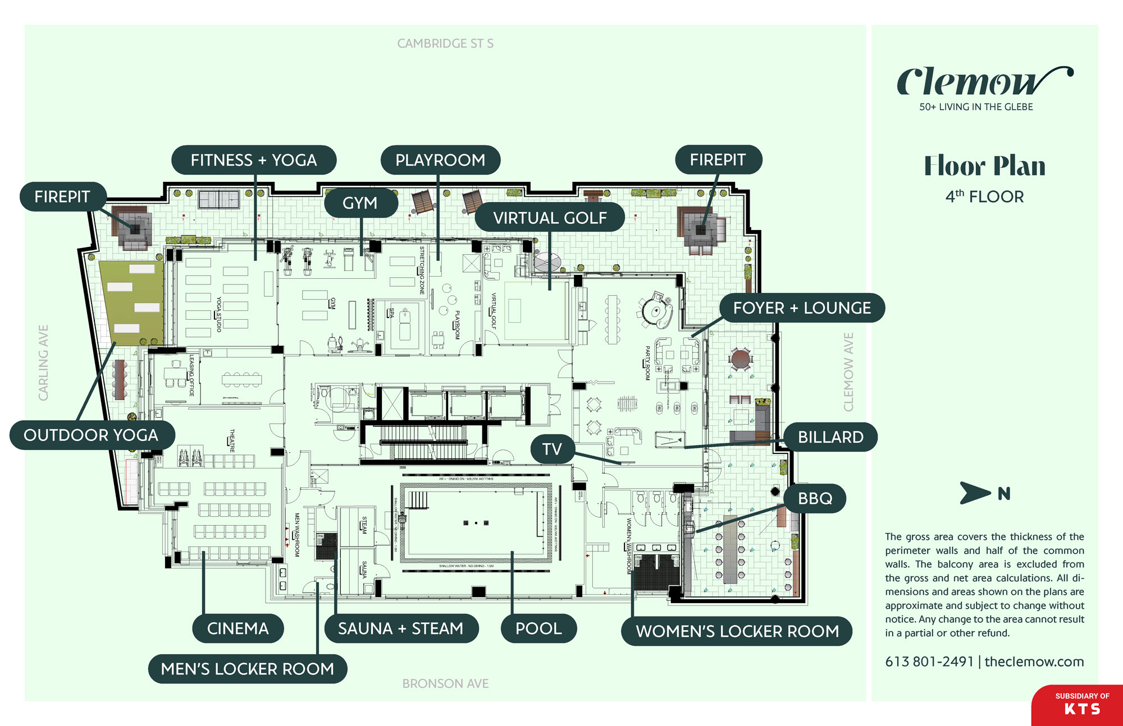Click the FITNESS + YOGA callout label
(x=254, y=160)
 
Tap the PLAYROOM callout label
(x=440, y=160)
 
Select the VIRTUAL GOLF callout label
(x=550, y=218)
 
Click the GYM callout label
(x=360, y=203)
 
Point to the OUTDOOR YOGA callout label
(x=91, y=435)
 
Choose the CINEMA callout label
(x=238, y=628)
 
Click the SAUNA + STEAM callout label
(x=401, y=628)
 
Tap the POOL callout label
(x=538, y=628)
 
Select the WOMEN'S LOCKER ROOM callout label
(x=737, y=632)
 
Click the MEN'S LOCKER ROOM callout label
(x=247, y=669)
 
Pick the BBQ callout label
(x=815, y=498)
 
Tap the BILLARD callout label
(x=830, y=437)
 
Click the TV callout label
(x=552, y=449)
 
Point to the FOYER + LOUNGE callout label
(x=802, y=308)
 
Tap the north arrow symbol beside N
(x=974, y=493)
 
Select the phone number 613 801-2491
(x=929, y=661)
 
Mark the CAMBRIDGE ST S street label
(x=445, y=44)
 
